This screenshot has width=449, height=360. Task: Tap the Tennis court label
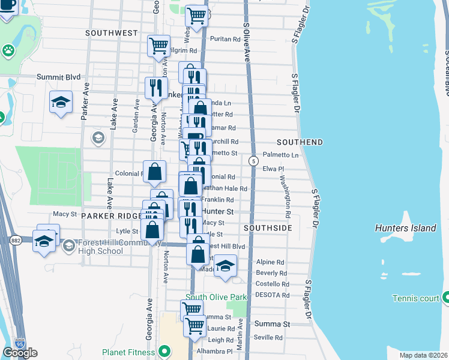(x=415, y=298)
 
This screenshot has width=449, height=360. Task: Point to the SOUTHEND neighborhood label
(x=300, y=142)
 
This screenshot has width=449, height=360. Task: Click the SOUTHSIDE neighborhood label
(x=268, y=229)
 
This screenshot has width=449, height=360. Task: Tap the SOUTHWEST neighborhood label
(x=112, y=32)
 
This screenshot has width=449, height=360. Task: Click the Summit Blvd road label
(x=58, y=77)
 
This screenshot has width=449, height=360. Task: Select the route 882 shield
(x=15, y=240)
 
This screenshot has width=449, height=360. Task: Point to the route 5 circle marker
(x=254, y=161)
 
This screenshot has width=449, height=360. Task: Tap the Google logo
(x=19, y=353)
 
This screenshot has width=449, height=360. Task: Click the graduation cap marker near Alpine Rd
(x=225, y=265)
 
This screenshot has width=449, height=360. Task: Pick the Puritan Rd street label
(x=225, y=39)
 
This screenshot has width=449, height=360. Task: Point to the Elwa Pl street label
(x=273, y=169)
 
